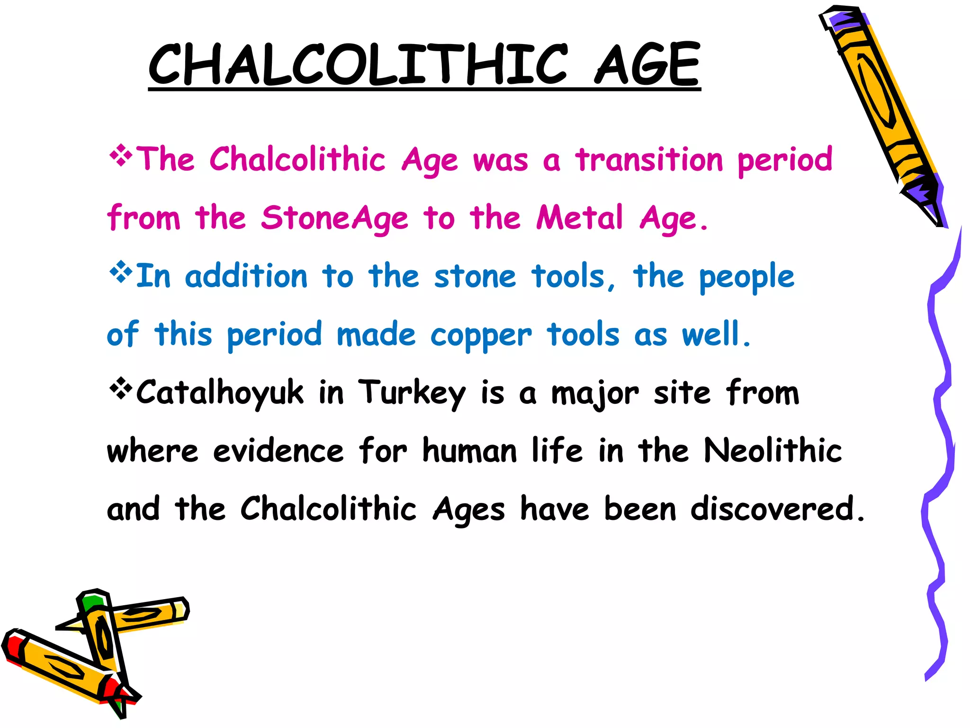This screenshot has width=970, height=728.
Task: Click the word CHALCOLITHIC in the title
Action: coord(358,64)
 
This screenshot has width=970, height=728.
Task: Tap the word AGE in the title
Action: coord(647,64)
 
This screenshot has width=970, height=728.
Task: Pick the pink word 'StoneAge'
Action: coord(334,218)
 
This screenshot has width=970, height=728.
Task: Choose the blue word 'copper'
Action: coord(481,336)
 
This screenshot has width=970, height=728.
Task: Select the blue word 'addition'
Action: coord(246,276)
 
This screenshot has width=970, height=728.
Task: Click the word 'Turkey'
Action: coord(412,393)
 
